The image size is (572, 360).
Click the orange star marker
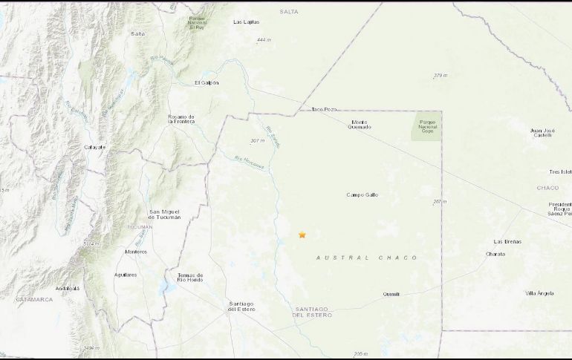tap(302, 235)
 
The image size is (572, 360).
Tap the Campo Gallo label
tap(363, 194)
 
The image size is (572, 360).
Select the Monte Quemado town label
tap(360, 124)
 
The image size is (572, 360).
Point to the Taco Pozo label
tap(325, 109)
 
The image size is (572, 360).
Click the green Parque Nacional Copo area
tap(426, 128)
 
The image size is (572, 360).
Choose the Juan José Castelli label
tap(543, 133)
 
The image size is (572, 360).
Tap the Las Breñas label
tap(507, 241)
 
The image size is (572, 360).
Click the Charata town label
tap(495, 254)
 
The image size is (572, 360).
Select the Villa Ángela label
tap(539, 293)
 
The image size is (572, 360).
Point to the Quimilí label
tap(391, 293)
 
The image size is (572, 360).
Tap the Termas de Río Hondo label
tap(191, 278)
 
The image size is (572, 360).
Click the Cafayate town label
tap(94, 147)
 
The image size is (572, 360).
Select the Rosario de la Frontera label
tap(181, 120)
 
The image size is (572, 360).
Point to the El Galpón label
tap(207, 82)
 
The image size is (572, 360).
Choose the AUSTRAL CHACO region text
tap(366, 258)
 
